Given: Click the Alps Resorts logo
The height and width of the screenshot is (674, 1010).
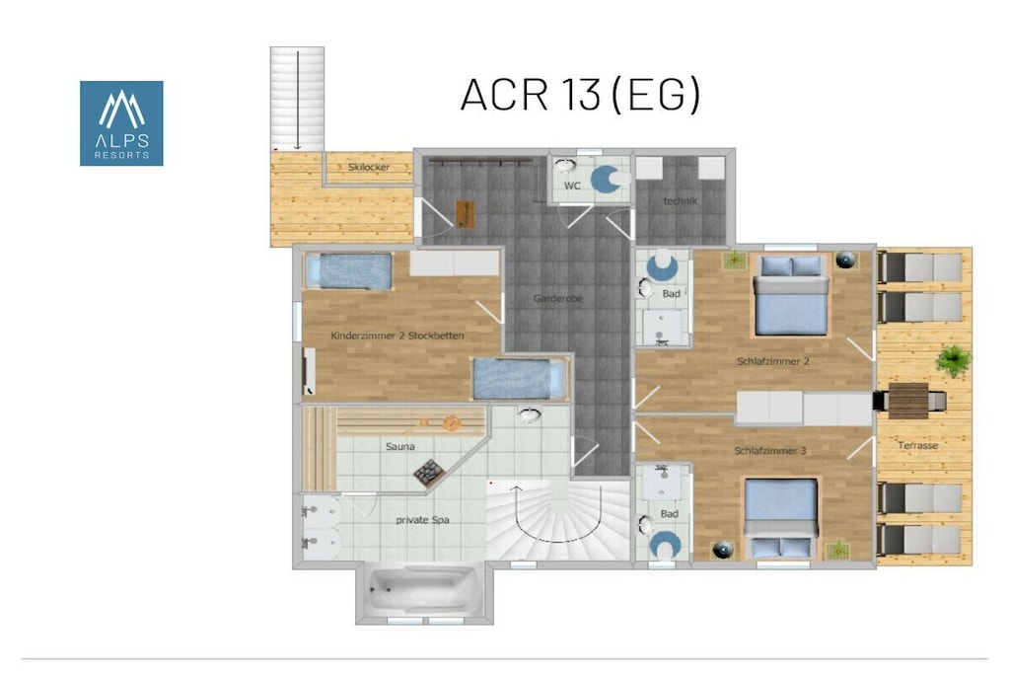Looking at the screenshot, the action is [x=121, y=123].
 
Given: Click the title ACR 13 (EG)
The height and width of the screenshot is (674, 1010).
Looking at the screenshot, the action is [x=580, y=95].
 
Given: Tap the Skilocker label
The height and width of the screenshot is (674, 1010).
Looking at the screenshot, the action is [x=369, y=167].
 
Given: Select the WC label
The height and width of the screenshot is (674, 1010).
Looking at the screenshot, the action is [x=572, y=186].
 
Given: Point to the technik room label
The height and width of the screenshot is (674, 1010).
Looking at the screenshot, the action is [x=681, y=201].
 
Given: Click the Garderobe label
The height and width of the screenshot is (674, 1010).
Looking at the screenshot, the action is [x=558, y=298].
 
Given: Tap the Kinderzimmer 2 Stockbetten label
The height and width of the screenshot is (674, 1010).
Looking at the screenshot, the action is [x=397, y=336].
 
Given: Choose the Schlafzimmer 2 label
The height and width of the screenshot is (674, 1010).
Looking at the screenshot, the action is [x=773, y=361].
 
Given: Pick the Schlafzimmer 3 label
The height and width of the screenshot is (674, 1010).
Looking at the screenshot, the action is [x=769, y=450].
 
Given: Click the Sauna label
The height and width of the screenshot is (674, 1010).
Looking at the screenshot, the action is [x=400, y=446].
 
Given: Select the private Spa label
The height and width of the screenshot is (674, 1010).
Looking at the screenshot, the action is [x=422, y=520].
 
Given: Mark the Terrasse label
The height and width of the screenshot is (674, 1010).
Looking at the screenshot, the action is [x=918, y=445].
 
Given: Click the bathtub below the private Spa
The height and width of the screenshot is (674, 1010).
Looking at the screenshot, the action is [x=423, y=591].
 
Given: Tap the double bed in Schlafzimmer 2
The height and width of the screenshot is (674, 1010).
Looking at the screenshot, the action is [x=791, y=295].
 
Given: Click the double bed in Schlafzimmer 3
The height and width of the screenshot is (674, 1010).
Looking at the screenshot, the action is [x=781, y=518].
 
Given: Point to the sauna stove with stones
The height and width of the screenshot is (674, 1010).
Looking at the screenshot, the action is [x=429, y=473].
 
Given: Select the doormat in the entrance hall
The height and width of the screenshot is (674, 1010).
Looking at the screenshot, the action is [x=466, y=214].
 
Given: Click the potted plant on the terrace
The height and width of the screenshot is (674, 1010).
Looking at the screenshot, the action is [x=954, y=360].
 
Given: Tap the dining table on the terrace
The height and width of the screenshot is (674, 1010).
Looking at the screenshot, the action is [x=908, y=400].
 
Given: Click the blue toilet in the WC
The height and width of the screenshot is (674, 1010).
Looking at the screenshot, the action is [x=608, y=180].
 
